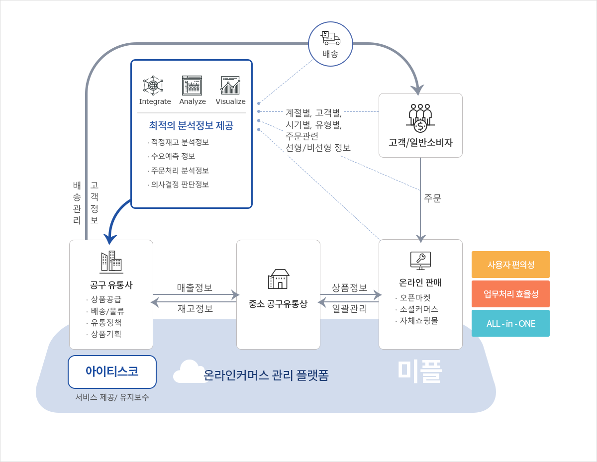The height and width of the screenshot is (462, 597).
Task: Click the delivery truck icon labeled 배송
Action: point(330,38)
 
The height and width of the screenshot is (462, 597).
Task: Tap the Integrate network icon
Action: point(153,86)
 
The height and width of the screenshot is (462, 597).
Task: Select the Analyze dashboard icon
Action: point(192,86)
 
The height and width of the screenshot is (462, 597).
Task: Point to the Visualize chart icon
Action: point(230,86)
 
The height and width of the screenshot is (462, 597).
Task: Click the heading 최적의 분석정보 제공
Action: point(191,125)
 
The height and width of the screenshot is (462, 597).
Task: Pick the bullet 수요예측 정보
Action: point(173,156)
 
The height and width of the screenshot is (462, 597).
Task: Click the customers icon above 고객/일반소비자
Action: point(420,118)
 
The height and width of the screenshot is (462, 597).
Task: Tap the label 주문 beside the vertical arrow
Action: point(432,198)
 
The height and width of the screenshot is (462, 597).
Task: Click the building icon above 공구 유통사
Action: point(111,262)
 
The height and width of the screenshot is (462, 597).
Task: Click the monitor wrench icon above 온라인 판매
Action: point(420,260)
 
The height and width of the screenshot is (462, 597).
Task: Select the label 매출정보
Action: point(195,287)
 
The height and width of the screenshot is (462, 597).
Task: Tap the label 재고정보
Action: point(195,308)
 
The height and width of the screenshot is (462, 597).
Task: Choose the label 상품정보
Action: point(349,287)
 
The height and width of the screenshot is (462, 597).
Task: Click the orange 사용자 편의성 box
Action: point(510,265)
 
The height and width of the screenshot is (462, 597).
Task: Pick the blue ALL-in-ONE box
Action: point(510,323)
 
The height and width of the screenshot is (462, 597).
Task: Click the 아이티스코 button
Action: point(112,371)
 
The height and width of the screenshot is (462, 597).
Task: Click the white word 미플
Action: point(419,371)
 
